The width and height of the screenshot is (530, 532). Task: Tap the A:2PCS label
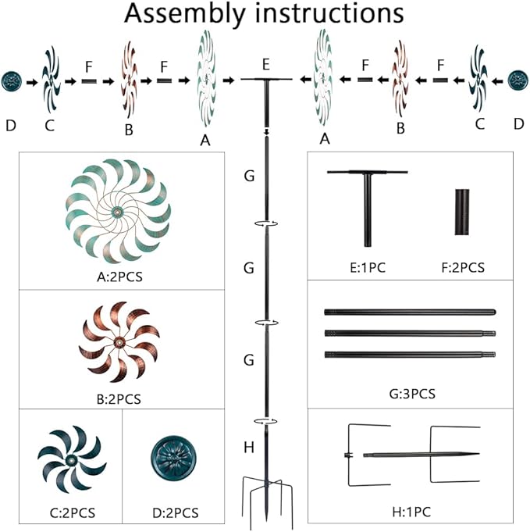[119, 277]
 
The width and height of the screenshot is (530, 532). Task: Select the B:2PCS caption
[119, 399]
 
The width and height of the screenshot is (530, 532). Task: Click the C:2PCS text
[73, 512]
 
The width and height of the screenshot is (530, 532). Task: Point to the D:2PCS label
[176, 512]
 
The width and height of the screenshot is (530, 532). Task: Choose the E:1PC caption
[368, 268]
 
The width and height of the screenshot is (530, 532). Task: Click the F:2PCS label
[463, 268]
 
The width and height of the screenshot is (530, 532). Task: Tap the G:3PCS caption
[412, 394]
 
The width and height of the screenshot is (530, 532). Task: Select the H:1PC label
[411, 512]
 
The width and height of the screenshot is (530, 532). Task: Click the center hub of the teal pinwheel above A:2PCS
[117, 212]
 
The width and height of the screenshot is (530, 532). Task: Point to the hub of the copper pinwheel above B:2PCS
[119, 342]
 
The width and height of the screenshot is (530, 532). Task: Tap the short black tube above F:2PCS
[462, 212]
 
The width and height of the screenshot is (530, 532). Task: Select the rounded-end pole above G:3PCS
[410, 312]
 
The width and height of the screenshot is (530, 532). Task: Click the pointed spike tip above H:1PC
[478, 454]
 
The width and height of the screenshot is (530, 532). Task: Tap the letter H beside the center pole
[249, 448]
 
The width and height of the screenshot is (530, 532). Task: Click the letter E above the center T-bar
[266, 65]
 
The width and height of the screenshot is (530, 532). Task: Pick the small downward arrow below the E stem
[266, 132]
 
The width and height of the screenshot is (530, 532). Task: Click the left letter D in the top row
[11, 126]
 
